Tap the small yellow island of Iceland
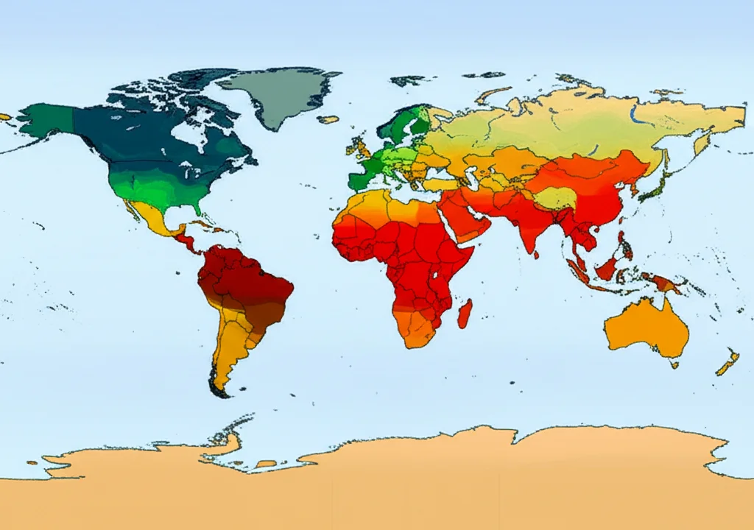[x=328, y=119]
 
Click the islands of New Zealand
[x=727, y=362]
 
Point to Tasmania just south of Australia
[x=674, y=364]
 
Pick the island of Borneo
[x=607, y=269]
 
